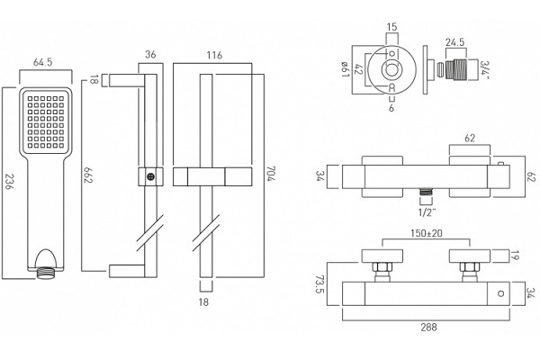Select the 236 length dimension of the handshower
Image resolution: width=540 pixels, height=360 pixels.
(8, 180)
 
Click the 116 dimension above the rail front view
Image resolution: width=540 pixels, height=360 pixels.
(213, 57)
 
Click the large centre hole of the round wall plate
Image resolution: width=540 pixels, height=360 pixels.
(393, 69)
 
